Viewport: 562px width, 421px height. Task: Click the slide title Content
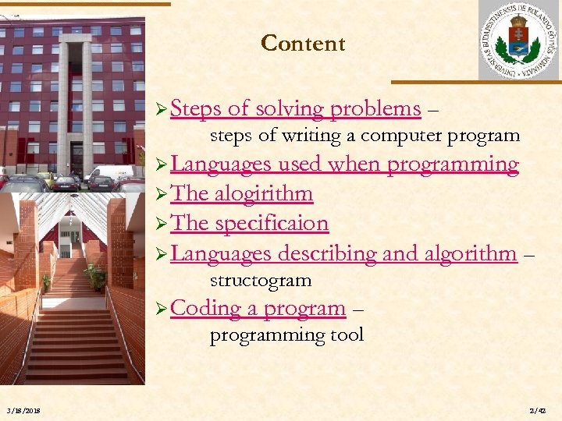303,44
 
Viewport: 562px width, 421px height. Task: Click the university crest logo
518,40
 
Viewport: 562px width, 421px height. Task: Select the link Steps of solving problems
295,109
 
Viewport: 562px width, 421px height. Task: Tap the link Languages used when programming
344,165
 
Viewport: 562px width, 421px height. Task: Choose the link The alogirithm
241,193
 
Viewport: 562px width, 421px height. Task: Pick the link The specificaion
249,223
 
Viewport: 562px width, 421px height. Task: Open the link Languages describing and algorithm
343,253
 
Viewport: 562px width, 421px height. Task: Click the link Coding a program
258,308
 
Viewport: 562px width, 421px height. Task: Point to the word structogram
261,281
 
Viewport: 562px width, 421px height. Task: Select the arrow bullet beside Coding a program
162,309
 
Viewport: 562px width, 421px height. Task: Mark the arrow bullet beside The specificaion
162,224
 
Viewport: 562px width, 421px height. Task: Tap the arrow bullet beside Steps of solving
162,110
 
